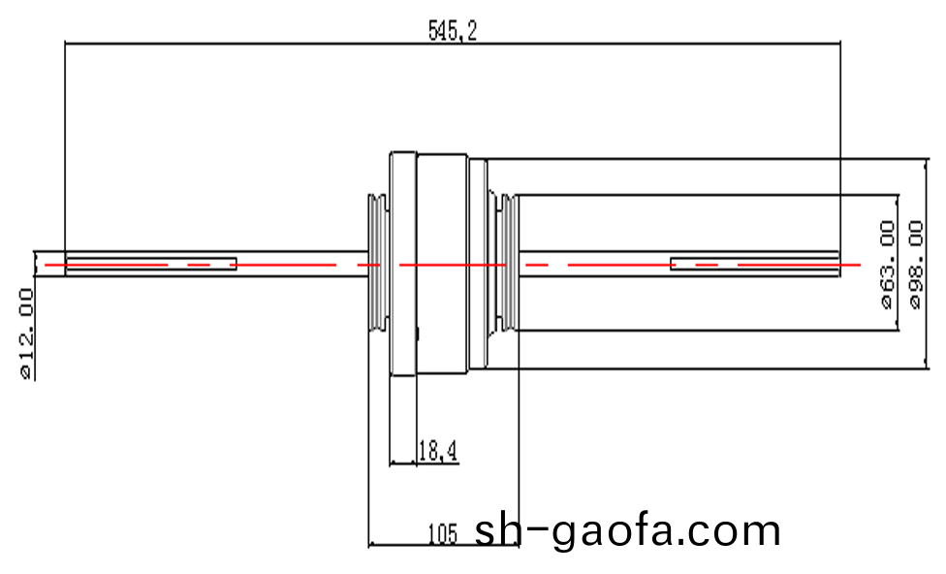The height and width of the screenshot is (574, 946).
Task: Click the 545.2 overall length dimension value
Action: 453,31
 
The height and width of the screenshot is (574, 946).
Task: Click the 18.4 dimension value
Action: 437,450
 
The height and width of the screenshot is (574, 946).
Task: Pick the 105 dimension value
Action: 442,532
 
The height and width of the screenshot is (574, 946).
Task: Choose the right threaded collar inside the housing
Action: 503,264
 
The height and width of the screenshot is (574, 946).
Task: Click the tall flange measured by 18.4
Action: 403,264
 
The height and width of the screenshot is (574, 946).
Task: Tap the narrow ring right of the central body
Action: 477,264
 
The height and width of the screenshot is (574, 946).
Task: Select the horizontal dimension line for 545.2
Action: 291,43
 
